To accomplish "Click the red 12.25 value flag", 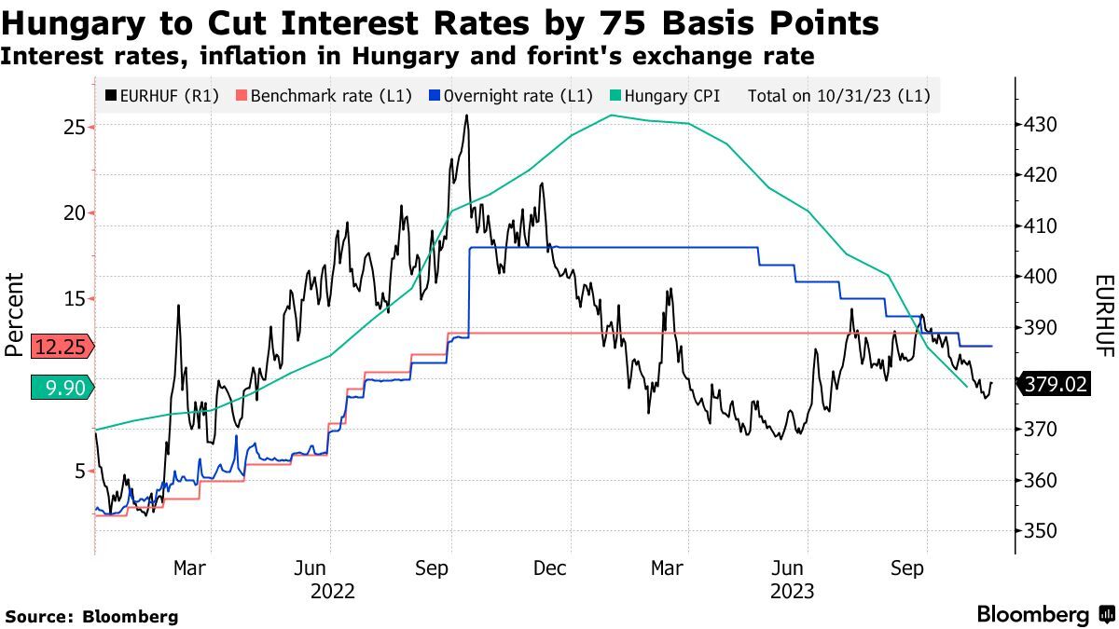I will [62, 347].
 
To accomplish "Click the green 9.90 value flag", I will [62, 388].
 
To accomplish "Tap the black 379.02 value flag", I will [1056, 384].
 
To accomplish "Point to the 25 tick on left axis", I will [74, 127].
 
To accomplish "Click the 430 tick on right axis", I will [1040, 125].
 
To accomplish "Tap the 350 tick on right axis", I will [1040, 531].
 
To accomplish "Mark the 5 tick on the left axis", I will [78, 471].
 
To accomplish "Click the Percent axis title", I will [14, 315].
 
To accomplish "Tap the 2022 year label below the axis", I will [333, 591].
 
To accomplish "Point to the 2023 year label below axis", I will [793, 591].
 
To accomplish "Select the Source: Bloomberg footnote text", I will [91, 616].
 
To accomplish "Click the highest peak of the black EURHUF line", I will [466, 116].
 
